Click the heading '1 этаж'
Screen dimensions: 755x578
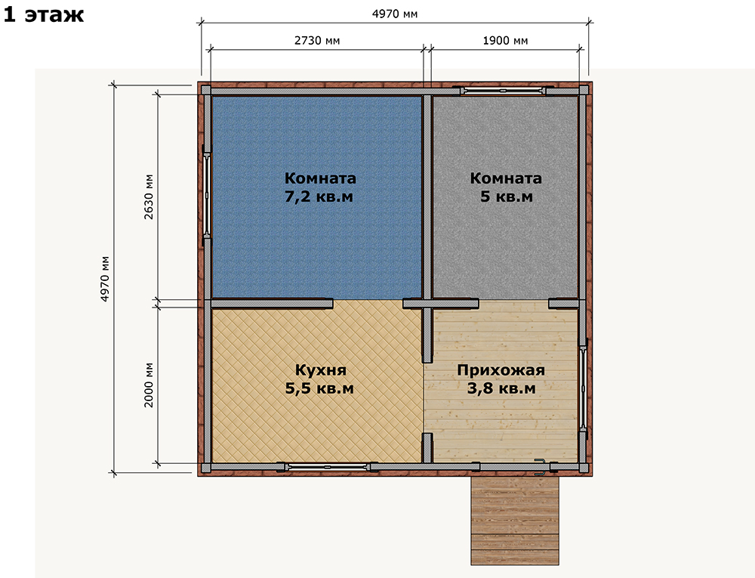coord(44,14)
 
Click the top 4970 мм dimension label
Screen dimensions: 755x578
coord(395,14)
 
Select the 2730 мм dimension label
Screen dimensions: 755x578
coord(317,41)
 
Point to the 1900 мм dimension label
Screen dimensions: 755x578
coord(505,41)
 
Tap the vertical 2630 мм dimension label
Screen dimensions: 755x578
coord(149,196)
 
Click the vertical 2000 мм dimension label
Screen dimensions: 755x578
coord(149,385)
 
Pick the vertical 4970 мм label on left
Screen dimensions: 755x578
coord(105,279)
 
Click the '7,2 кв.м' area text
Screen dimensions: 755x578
coord(319,196)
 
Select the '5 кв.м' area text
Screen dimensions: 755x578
coord(506,196)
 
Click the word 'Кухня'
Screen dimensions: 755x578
coord(320,370)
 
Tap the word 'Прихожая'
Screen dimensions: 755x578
coord(501,370)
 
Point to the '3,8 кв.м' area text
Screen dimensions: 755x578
coord(501,388)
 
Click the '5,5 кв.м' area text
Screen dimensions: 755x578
coord(319,388)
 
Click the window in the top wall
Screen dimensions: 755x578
coord(503,91)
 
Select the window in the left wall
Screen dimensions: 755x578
coord(207,196)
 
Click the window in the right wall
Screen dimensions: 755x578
coord(583,388)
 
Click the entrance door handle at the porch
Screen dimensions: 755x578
coord(541,467)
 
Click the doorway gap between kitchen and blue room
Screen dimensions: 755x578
coord(368,304)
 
